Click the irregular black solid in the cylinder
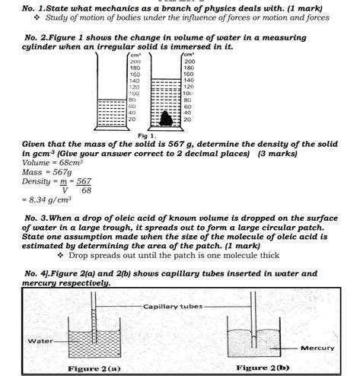[x=166, y=118]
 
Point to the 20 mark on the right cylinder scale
[x=188, y=119]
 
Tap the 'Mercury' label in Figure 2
[x=317, y=348]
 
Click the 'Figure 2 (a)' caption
[x=94, y=368]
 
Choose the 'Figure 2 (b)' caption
[x=263, y=368]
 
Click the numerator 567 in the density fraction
[x=83, y=181]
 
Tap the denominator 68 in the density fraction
[x=86, y=190]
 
